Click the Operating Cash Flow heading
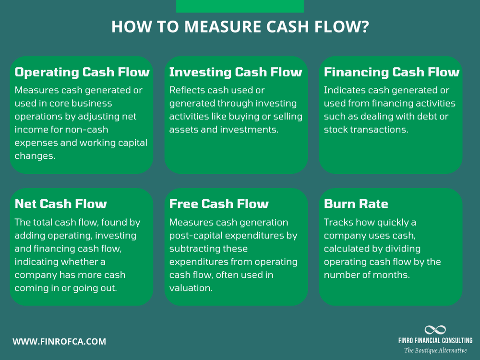pos(82,72)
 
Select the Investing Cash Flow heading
pos(236,72)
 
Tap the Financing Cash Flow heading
pos(392,72)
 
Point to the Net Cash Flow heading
pos(61,204)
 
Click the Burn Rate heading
pos(356,204)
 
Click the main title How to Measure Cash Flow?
pos(240,27)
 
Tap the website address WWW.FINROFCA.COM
pos(60,342)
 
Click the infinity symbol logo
pos(435,330)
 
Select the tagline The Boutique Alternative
pos(435,350)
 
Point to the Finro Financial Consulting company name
pos(435,340)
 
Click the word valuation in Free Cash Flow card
pos(191,288)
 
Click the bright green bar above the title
pos(240,6)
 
